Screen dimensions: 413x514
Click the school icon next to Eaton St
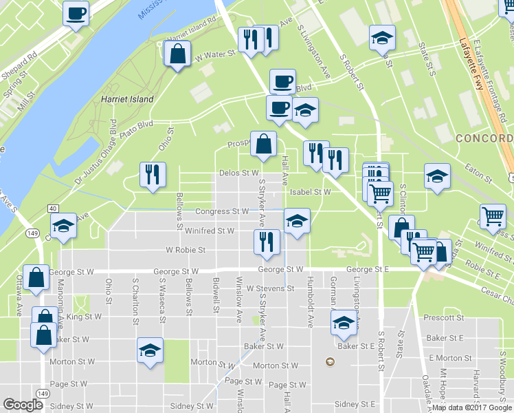pos(436,176)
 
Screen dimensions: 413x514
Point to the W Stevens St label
pos(271,288)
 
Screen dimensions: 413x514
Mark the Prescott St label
pos(444,318)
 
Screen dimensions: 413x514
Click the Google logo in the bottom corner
pos(23,404)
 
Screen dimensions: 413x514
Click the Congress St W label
pos(221,211)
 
